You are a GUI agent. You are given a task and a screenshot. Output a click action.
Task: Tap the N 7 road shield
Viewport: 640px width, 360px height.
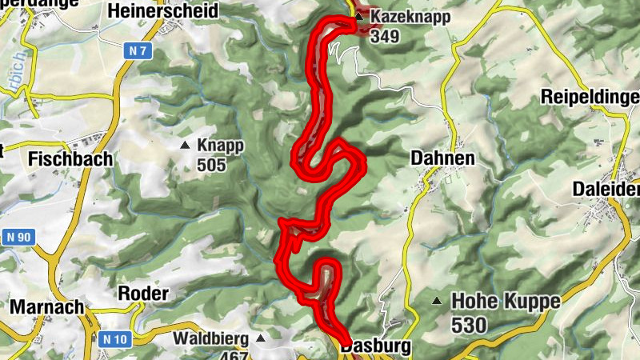coord(138,51)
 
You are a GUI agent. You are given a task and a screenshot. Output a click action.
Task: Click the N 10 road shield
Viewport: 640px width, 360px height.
coord(116,339)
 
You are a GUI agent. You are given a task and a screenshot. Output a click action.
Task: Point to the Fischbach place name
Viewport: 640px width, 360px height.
coord(70,158)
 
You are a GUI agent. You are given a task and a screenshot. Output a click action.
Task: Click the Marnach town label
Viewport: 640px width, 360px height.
coord(47,307)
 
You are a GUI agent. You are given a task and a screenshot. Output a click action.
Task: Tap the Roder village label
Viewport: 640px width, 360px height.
coord(143,294)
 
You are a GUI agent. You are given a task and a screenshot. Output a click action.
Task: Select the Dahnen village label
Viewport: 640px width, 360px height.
coord(442,158)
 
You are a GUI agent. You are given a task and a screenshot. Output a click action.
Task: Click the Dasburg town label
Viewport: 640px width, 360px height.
coord(375,346)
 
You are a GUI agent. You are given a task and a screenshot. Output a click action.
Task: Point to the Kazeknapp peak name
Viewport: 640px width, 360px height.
coord(410,16)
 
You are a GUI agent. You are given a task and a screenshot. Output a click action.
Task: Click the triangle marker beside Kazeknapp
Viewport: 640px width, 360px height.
coord(359,15)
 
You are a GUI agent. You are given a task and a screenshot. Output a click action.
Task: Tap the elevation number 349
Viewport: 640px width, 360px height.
coord(384,37)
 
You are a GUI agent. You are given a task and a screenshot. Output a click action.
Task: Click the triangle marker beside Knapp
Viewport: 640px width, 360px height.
coord(186,146)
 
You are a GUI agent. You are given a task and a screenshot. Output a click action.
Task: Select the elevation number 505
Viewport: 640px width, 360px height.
coord(212,166)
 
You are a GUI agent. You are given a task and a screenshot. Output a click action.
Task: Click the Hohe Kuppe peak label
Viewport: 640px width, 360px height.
coord(506,302)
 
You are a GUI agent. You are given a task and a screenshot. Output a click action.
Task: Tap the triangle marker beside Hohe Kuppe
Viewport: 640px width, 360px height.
coord(436,301)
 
